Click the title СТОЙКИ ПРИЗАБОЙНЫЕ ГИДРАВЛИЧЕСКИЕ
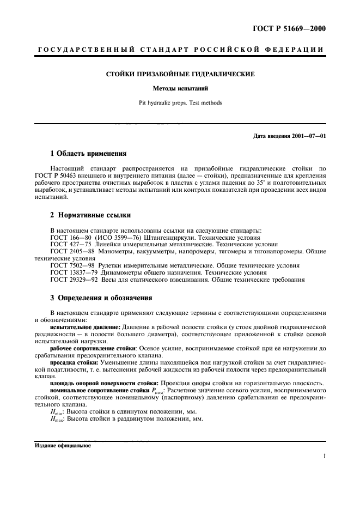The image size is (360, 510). point(180,73)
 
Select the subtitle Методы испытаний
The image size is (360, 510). point(180,88)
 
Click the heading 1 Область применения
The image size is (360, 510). point(88,154)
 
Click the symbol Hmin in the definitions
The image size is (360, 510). point(57,412)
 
